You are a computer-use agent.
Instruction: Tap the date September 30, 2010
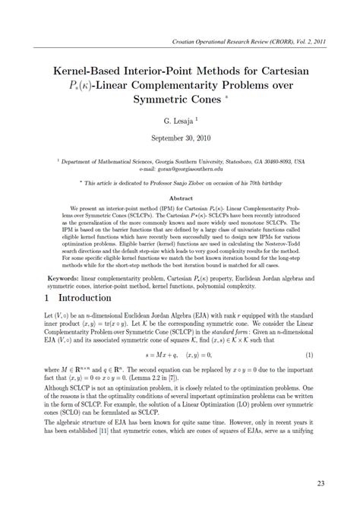181,140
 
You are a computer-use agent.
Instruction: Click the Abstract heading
180,197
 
